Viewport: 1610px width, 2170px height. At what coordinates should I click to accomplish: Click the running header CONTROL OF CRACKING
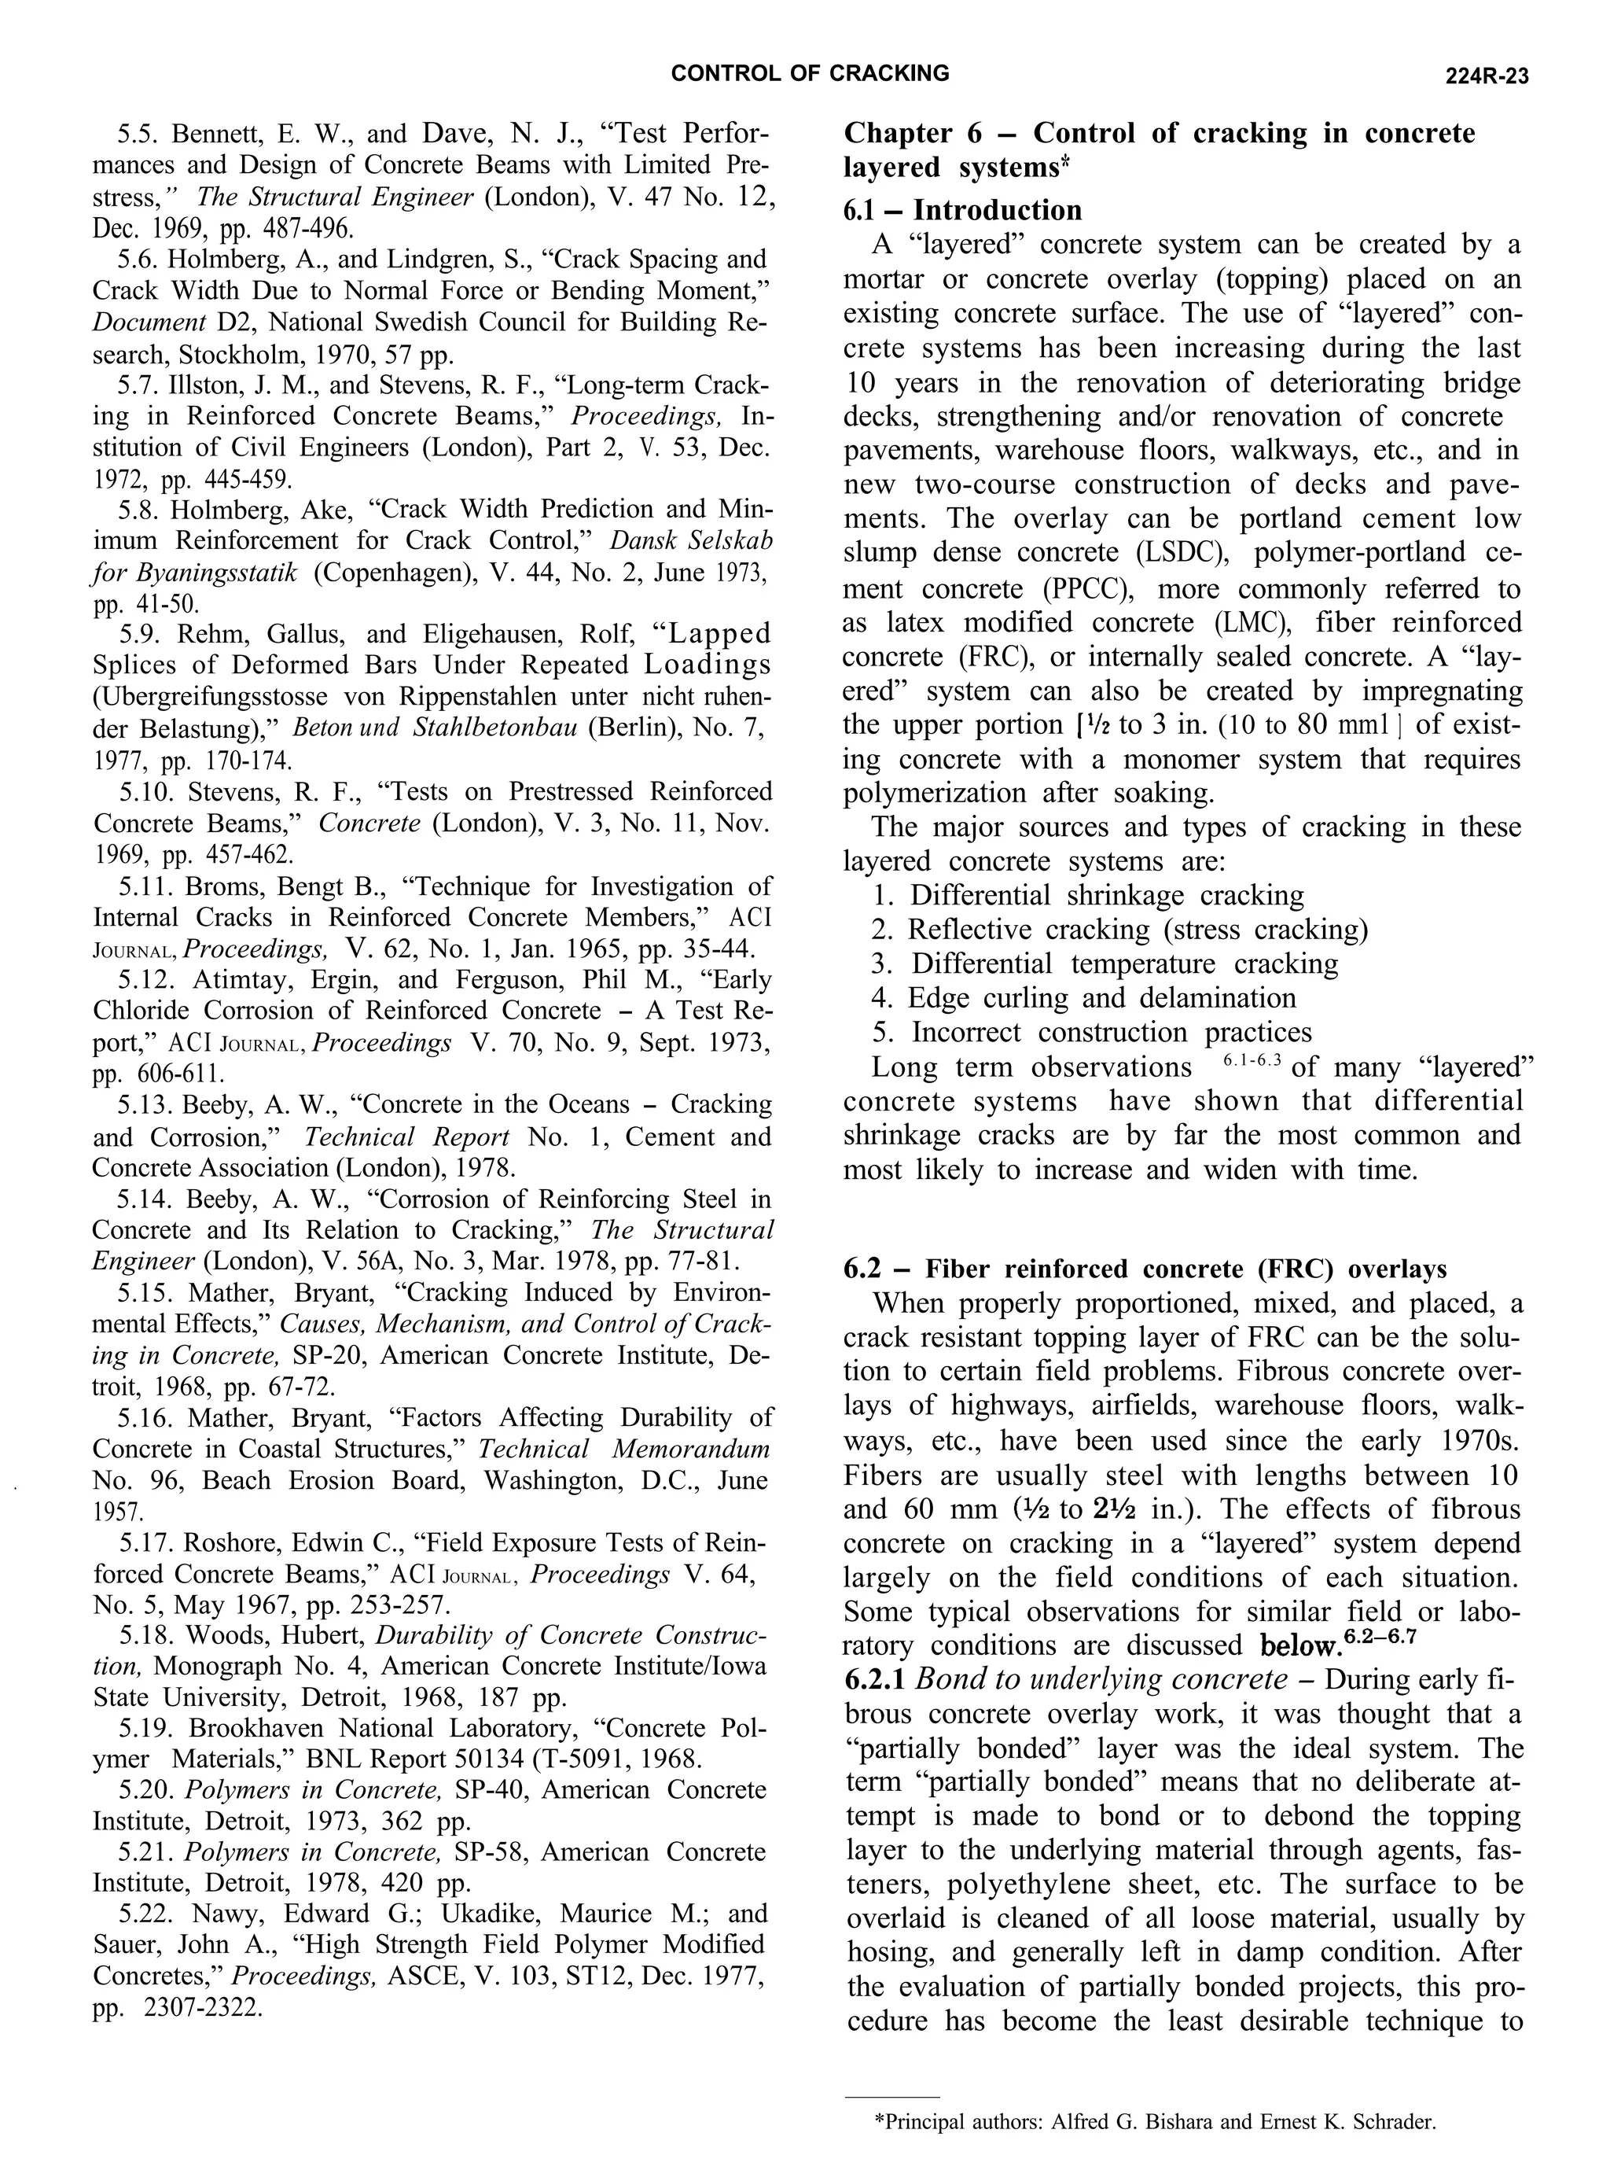[x=811, y=73]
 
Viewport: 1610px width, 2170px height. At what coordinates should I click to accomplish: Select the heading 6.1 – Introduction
[x=962, y=211]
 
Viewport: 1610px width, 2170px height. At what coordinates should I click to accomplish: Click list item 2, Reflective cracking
[x=1119, y=930]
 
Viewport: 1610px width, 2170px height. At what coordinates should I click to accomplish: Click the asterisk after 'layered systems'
[x=1065, y=162]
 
